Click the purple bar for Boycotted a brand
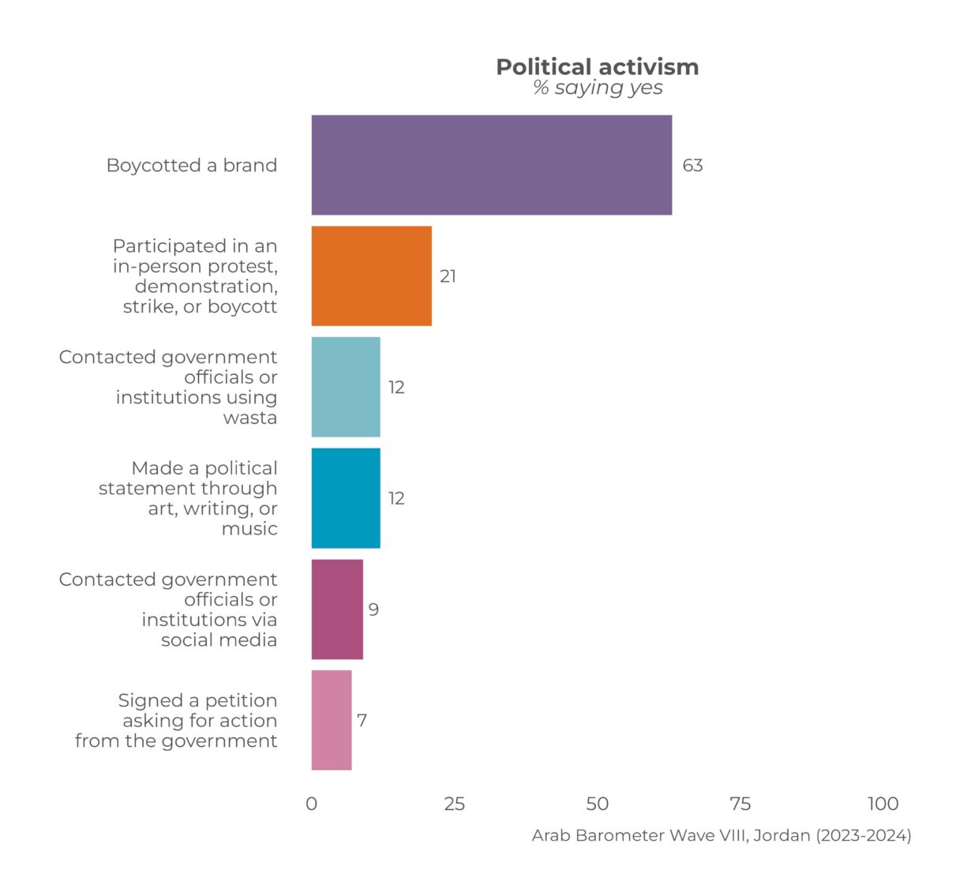491,165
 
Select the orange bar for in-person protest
372,276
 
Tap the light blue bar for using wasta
346,387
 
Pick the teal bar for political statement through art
346,498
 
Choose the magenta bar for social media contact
337,609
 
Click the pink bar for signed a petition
332,720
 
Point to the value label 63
692,165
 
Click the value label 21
448,276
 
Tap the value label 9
373,609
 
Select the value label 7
362,721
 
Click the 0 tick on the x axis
312,804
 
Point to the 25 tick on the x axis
454,804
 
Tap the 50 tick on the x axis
598,804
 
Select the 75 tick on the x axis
740,804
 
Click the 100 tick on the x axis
883,804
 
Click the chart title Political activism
598,67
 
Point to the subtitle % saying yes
598,88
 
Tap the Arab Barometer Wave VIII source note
722,835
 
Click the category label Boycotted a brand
192,165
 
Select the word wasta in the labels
249,418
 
